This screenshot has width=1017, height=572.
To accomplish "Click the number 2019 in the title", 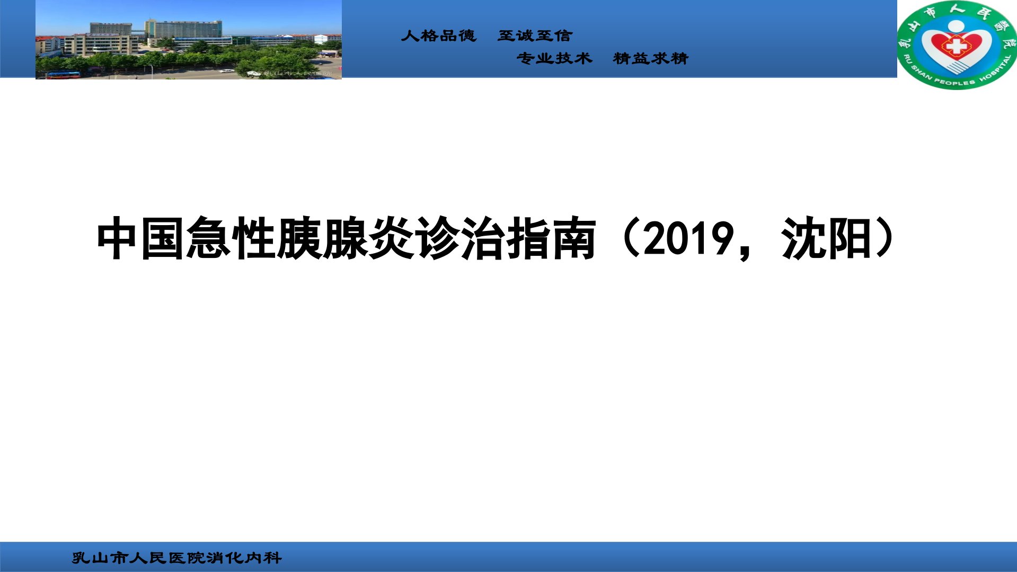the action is (x=689, y=238).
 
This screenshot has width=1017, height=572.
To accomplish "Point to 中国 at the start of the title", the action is (x=140, y=238).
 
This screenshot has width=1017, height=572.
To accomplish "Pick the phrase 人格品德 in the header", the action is (x=439, y=35).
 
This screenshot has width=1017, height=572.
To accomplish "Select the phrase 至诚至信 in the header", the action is (x=535, y=35).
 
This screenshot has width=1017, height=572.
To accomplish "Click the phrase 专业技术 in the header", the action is (x=554, y=58).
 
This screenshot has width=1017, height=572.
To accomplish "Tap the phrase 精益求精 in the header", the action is (x=651, y=58).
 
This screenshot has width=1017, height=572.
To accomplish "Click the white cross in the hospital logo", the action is (x=957, y=46).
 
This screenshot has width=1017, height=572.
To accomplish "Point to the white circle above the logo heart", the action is (x=957, y=26).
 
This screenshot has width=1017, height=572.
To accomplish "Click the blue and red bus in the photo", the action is (x=63, y=75).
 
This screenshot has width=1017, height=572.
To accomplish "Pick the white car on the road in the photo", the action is (x=226, y=71).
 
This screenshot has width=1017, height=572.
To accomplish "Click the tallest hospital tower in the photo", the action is (x=184, y=30).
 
